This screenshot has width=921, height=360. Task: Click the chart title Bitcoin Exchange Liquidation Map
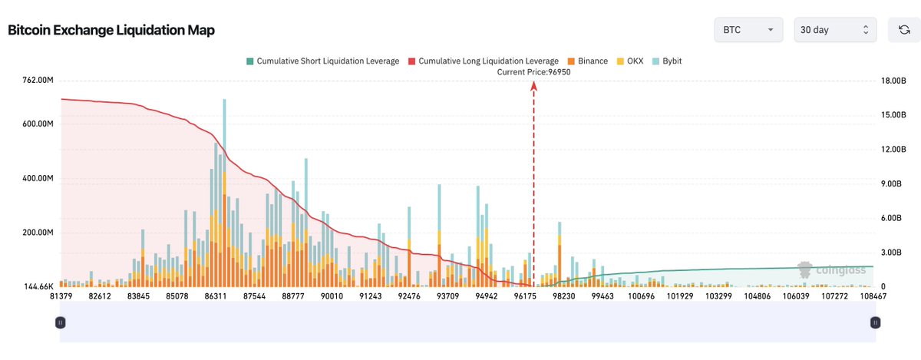tap(111, 31)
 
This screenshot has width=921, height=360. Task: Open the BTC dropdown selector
tap(748, 30)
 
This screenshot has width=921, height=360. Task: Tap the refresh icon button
tap(904, 30)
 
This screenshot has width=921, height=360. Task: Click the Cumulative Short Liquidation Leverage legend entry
tap(322, 61)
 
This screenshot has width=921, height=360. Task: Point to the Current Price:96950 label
tap(533, 72)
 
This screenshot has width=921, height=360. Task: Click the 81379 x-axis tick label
tap(61, 296)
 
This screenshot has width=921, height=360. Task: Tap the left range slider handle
tap(61, 323)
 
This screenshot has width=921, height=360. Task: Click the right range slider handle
tap(875, 323)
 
